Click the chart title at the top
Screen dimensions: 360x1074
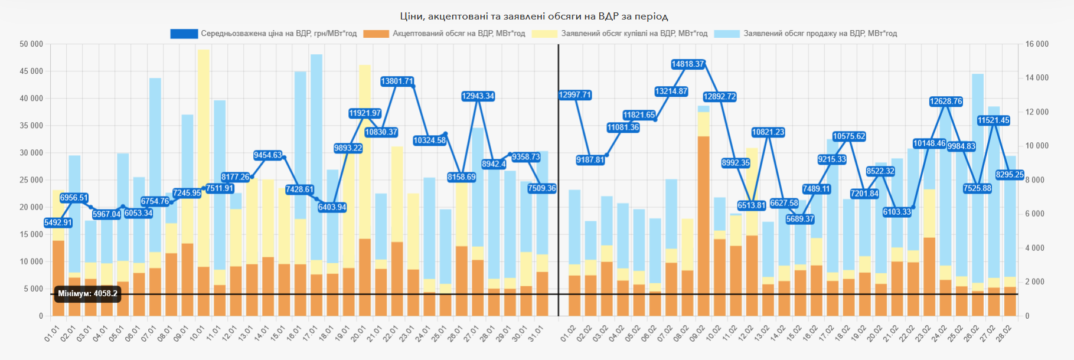[534, 16]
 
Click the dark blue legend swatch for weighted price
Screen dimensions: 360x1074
[184, 34]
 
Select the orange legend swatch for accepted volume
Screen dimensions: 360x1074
[376, 34]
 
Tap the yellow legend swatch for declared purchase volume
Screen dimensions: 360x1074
[544, 34]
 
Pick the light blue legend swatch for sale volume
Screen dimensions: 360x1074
[727, 34]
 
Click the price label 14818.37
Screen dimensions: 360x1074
[688, 64]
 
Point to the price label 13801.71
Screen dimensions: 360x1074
[397, 81]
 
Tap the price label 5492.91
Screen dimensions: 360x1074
[58, 222]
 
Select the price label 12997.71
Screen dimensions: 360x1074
[575, 95]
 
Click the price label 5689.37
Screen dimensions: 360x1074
[800, 219]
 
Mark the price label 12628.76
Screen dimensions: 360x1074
[946, 102]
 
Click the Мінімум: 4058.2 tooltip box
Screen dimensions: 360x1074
[87, 294]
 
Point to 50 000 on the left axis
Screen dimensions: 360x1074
[31, 44]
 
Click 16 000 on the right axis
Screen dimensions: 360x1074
[1037, 44]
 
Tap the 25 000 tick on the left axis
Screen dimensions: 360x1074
[31, 180]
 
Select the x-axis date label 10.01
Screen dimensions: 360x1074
[198, 333]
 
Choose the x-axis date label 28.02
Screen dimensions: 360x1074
[1010, 333]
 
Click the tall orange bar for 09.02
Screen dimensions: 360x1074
[703, 224]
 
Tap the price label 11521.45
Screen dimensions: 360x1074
[994, 120]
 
